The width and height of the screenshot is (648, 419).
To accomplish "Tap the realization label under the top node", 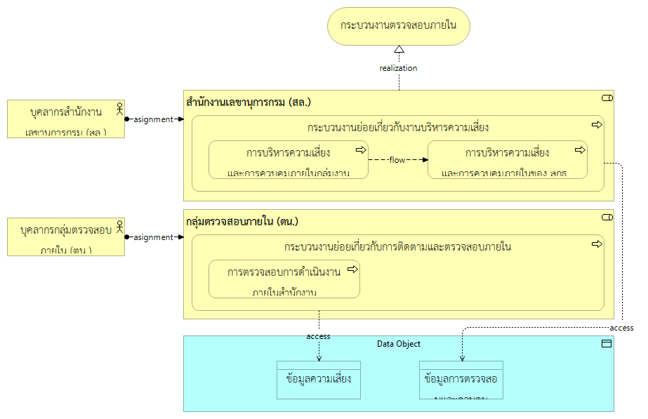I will [398, 68].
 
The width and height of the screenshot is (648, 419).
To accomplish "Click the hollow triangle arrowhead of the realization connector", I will [399, 50].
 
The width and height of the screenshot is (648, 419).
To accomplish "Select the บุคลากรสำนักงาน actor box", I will [66, 119].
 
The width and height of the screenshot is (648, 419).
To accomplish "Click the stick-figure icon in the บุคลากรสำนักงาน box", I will [119, 109].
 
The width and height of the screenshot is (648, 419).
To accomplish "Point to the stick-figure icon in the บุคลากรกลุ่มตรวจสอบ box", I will [119, 227].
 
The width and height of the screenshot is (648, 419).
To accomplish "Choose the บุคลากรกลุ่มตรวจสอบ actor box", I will [66, 237].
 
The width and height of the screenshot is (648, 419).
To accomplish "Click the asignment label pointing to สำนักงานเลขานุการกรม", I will [152, 119].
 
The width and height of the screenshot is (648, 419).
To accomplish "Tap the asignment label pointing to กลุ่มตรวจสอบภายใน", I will [152, 237].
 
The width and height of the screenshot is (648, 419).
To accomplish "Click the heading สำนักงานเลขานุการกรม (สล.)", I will [249, 102].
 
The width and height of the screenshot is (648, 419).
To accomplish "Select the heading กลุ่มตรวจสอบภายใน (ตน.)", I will [242, 221].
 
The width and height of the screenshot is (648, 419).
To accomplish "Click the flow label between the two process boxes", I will [397, 160].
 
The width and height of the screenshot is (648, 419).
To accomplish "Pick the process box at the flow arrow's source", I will [289, 160].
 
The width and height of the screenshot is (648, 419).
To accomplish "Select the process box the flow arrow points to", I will [507, 160].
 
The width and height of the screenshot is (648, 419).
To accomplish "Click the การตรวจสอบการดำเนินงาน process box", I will [284, 279].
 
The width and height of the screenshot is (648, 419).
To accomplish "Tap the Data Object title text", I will [398, 344].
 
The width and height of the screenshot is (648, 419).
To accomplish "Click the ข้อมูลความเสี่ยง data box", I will [318, 380].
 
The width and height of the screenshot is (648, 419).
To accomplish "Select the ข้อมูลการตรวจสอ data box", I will [461, 380].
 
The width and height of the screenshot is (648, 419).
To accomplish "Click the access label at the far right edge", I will [621, 328].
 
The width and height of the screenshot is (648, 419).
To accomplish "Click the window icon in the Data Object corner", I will [607, 343].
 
